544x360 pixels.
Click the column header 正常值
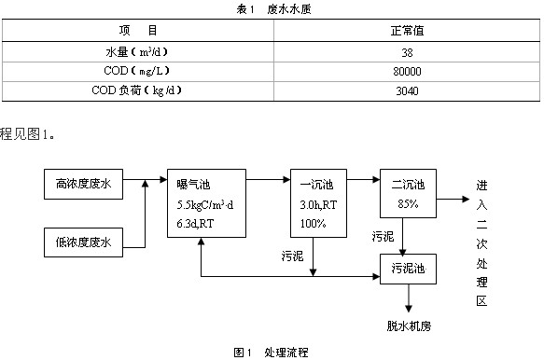coord(408,31)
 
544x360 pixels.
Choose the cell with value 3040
coord(408,91)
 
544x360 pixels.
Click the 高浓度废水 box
coord(83,184)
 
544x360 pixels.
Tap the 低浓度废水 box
coord(83,244)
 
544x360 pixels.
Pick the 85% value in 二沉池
coord(408,203)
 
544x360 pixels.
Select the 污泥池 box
coord(408,270)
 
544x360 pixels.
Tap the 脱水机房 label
coord(408,326)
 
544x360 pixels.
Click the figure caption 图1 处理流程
coord(271,352)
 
